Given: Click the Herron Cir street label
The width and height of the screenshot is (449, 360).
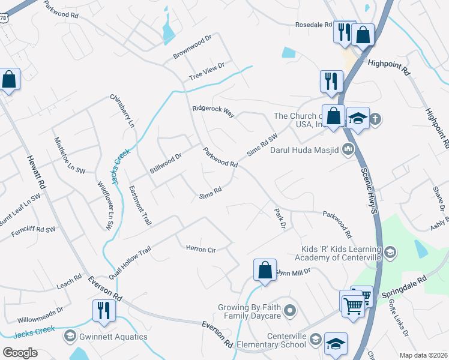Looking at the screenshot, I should click(x=200, y=248).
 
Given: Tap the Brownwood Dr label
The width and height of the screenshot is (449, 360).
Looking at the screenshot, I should click(x=193, y=47).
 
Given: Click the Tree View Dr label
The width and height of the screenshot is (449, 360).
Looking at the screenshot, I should click(x=206, y=71).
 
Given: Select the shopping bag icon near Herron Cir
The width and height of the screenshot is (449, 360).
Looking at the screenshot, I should click(x=265, y=271).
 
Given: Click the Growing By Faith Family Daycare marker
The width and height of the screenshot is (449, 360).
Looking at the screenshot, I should click(x=291, y=311).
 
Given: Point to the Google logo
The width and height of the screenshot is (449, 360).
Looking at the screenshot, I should click(x=20, y=352).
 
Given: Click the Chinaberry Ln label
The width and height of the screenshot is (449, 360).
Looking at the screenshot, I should click(x=122, y=110).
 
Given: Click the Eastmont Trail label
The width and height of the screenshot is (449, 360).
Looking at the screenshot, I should click(x=140, y=205).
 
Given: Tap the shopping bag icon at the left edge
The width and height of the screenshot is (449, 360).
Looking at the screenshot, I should click(x=9, y=80).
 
